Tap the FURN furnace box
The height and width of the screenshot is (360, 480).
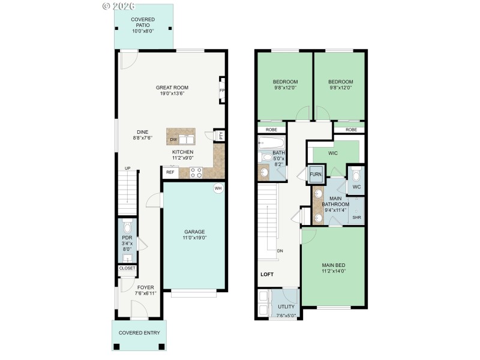(316, 175)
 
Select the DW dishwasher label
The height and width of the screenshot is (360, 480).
(173, 140)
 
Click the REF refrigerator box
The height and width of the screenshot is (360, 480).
(170, 172)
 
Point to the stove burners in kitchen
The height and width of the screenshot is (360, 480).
(196, 172)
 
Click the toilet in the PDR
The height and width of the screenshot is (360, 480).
(127, 228)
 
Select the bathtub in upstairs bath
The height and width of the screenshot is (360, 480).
(272, 143)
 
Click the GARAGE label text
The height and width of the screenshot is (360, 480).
(194, 232)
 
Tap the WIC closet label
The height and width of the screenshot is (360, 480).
(334, 153)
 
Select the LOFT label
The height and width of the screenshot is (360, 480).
(267, 274)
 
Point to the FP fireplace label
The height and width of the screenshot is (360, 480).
(221, 91)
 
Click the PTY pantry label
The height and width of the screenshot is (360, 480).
(221, 135)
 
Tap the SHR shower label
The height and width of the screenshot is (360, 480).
(356, 217)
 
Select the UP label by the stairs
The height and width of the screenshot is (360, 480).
(127, 168)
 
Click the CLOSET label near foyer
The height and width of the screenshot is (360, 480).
(127, 268)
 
